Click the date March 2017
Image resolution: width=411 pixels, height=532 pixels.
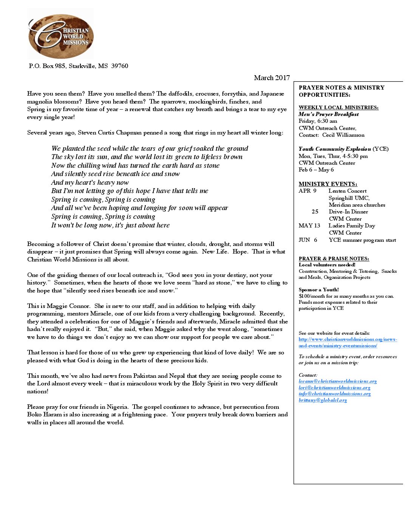[x=272, y=78]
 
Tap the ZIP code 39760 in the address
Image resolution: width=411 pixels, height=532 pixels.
[x=119, y=66]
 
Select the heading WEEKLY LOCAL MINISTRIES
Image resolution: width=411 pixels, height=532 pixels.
[x=338, y=108]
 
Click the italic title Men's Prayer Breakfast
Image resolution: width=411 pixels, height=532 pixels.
[x=329, y=114]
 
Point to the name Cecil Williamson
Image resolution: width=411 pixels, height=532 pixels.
[x=343, y=135]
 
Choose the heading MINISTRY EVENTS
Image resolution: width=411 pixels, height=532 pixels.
[x=328, y=184]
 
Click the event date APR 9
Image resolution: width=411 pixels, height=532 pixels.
[x=307, y=191]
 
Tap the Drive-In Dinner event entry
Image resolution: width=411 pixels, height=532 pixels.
[x=348, y=212]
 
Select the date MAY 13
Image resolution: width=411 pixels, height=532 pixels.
[x=309, y=226]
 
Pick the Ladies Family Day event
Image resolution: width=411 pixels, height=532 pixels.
[x=352, y=226]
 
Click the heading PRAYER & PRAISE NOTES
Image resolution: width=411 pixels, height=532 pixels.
[x=334, y=259]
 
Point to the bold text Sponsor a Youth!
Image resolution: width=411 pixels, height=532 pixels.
[x=319, y=290]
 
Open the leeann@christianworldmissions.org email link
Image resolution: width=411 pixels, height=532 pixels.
[x=338, y=382]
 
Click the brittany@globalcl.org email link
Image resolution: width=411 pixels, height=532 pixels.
[x=323, y=400]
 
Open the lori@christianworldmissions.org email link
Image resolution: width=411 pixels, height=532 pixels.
[x=334, y=388]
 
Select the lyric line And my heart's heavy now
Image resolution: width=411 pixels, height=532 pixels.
[x=90, y=182]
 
